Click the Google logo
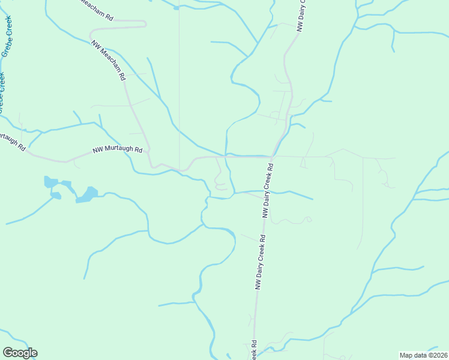pos(20,353)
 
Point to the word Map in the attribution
pos(406,355)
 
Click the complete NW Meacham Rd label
pos(108,60)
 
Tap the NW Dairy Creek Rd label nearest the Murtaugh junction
pos(268,189)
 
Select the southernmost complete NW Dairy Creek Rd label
pos(260,263)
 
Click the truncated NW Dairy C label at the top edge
pos(301,15)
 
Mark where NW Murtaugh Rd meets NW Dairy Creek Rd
pos(273,157)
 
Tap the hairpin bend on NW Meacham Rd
pos(145,23)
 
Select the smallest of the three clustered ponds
pos(56,196)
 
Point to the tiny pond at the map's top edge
pos(176,8)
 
